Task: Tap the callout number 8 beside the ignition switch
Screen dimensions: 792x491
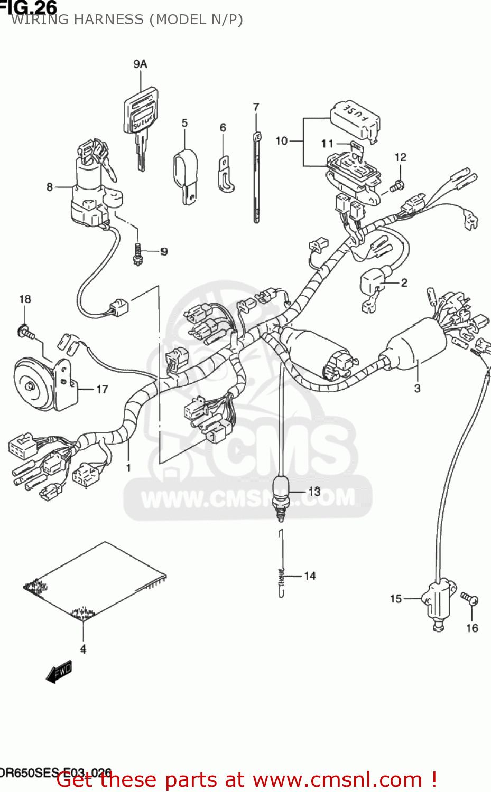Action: pyautogui.click(x=50, y=187)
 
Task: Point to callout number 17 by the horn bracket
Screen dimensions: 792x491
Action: pyautogui.click(x=102, y=389)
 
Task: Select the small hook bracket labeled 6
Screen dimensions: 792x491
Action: pyautogui.click(x=226, y=175)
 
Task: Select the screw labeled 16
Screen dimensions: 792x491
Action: pyautogui.click(x=469, y=599)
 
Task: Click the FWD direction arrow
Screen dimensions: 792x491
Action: pyautogui.click(x=59, y=673)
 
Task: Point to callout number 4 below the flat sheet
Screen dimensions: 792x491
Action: pyautogui.click(x=83, y=649)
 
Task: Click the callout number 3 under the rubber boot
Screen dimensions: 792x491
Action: pyautogui.click(x=417, y=389)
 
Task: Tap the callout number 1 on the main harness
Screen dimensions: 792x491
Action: pyautogui.click(x=128, y=467)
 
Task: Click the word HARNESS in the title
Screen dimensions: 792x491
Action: pyautogui.click(x=109, y=20)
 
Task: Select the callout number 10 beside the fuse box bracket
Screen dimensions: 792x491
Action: pyautogui.click(x=282, y=141)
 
